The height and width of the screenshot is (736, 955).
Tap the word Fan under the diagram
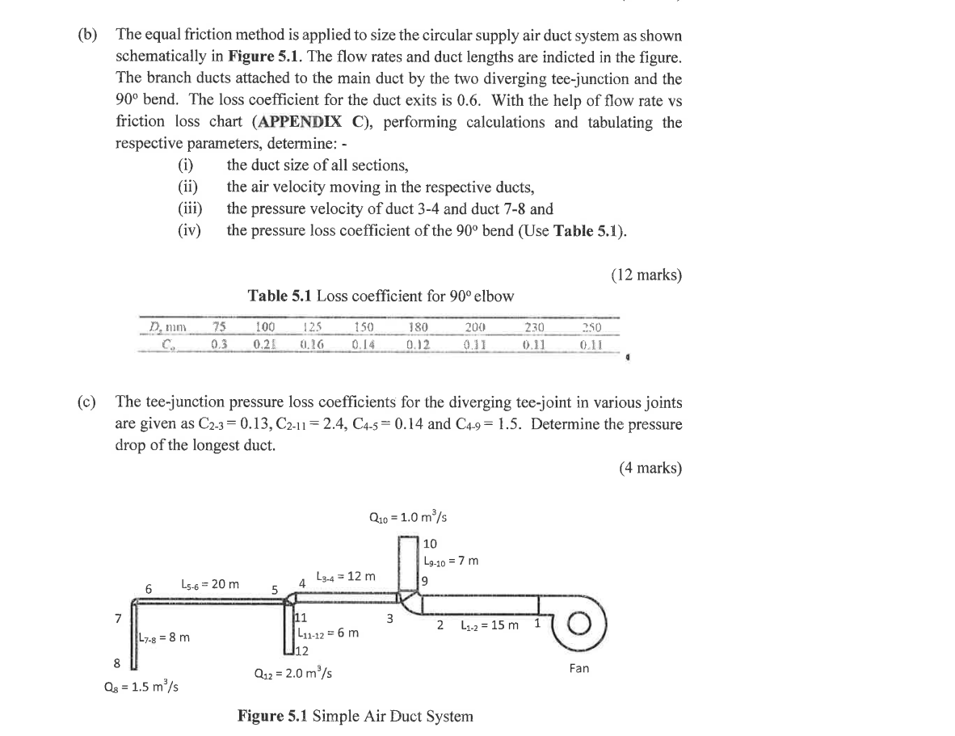[x=578, y=668]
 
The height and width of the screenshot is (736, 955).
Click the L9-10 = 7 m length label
[x=451, y=560]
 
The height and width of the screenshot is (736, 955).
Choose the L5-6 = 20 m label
[x=210, y=583]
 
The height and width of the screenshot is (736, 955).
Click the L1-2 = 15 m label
[x=489, y=625]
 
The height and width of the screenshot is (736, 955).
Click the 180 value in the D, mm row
[x=418, y=327]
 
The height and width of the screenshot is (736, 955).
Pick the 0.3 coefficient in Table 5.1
[x=218, y=343]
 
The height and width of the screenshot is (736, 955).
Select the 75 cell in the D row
[x=217, y=327]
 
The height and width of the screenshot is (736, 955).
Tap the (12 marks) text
[x=646, y=275]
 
